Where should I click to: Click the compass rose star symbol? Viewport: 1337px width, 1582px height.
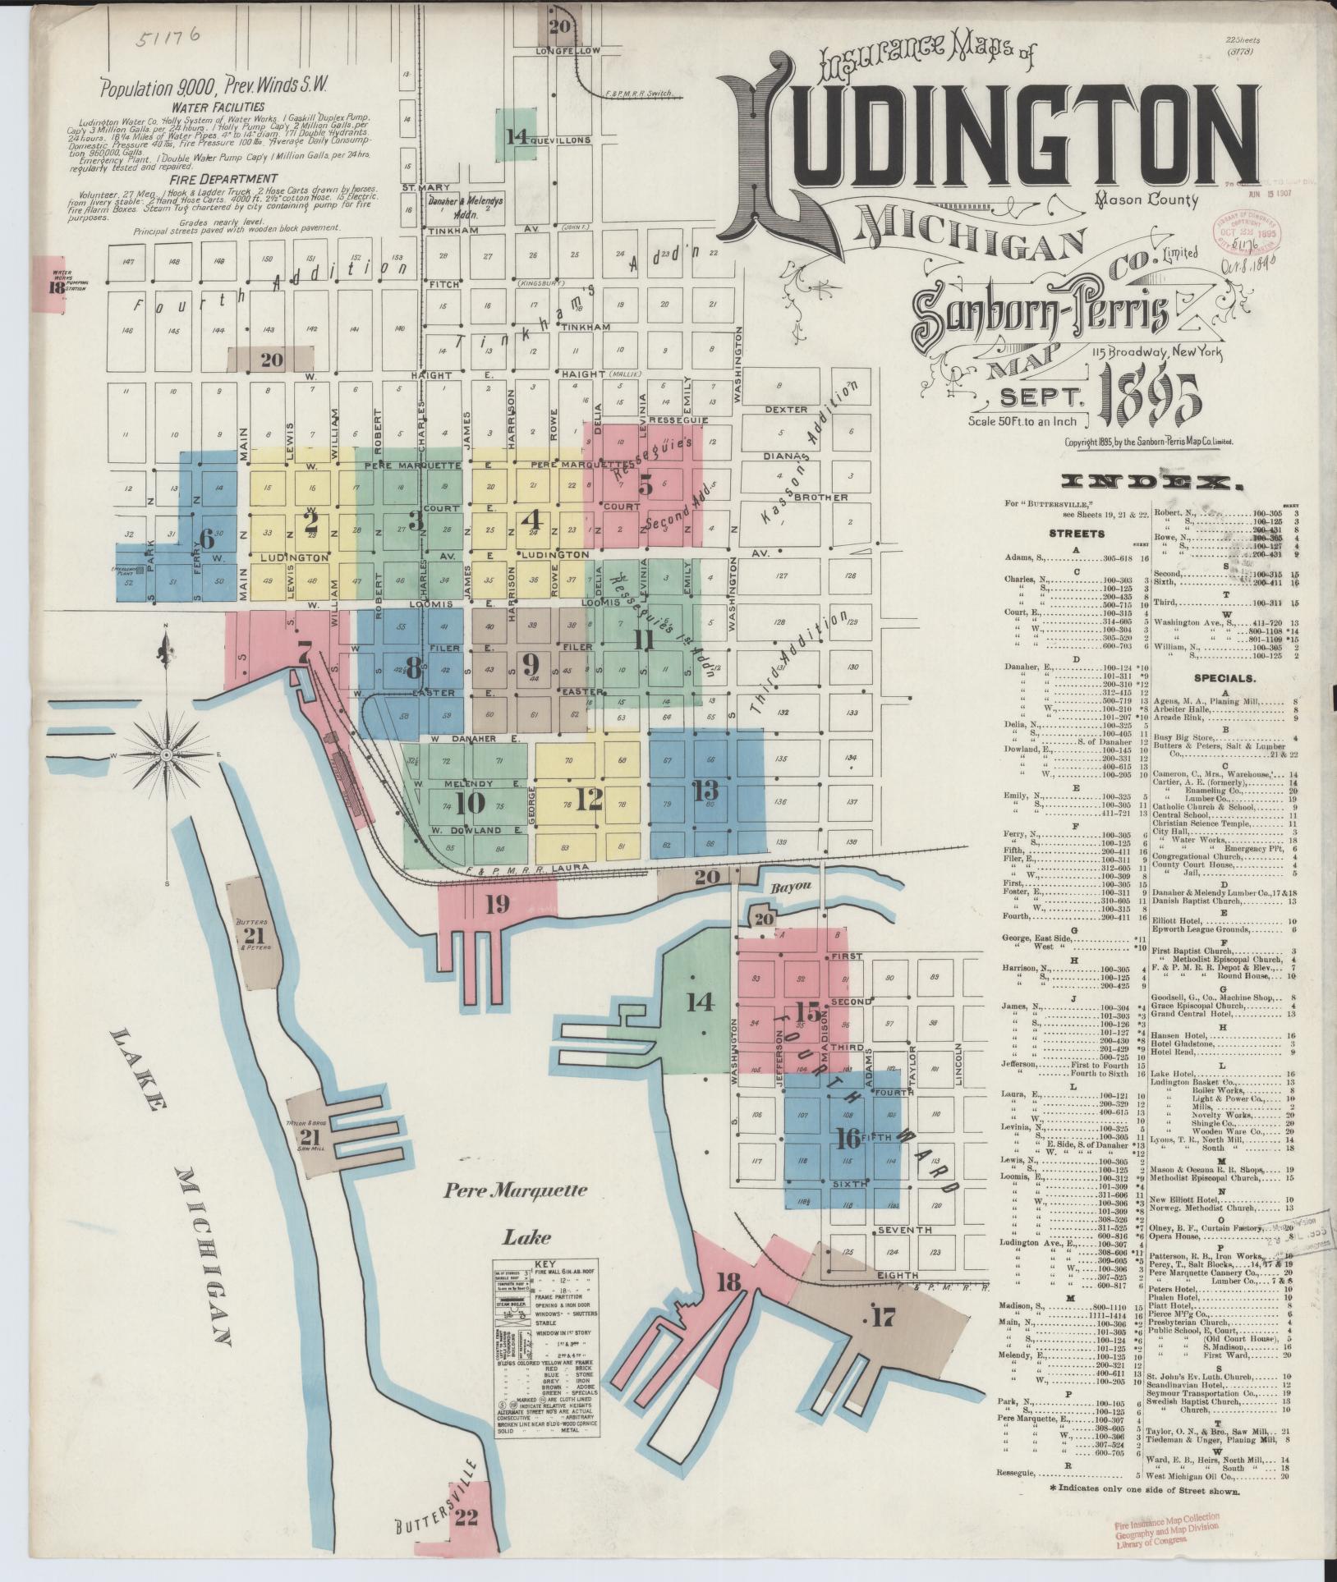coord(166,752)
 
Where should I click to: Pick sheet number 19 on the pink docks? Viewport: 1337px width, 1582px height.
coord(496,904)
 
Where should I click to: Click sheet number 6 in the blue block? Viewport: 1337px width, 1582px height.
coord(206,539)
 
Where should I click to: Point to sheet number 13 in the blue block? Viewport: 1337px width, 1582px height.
coord(705,791)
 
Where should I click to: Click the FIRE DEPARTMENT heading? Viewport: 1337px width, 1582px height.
coord(224,178)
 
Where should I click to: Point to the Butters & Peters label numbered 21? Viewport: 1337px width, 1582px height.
coord(255,936)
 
